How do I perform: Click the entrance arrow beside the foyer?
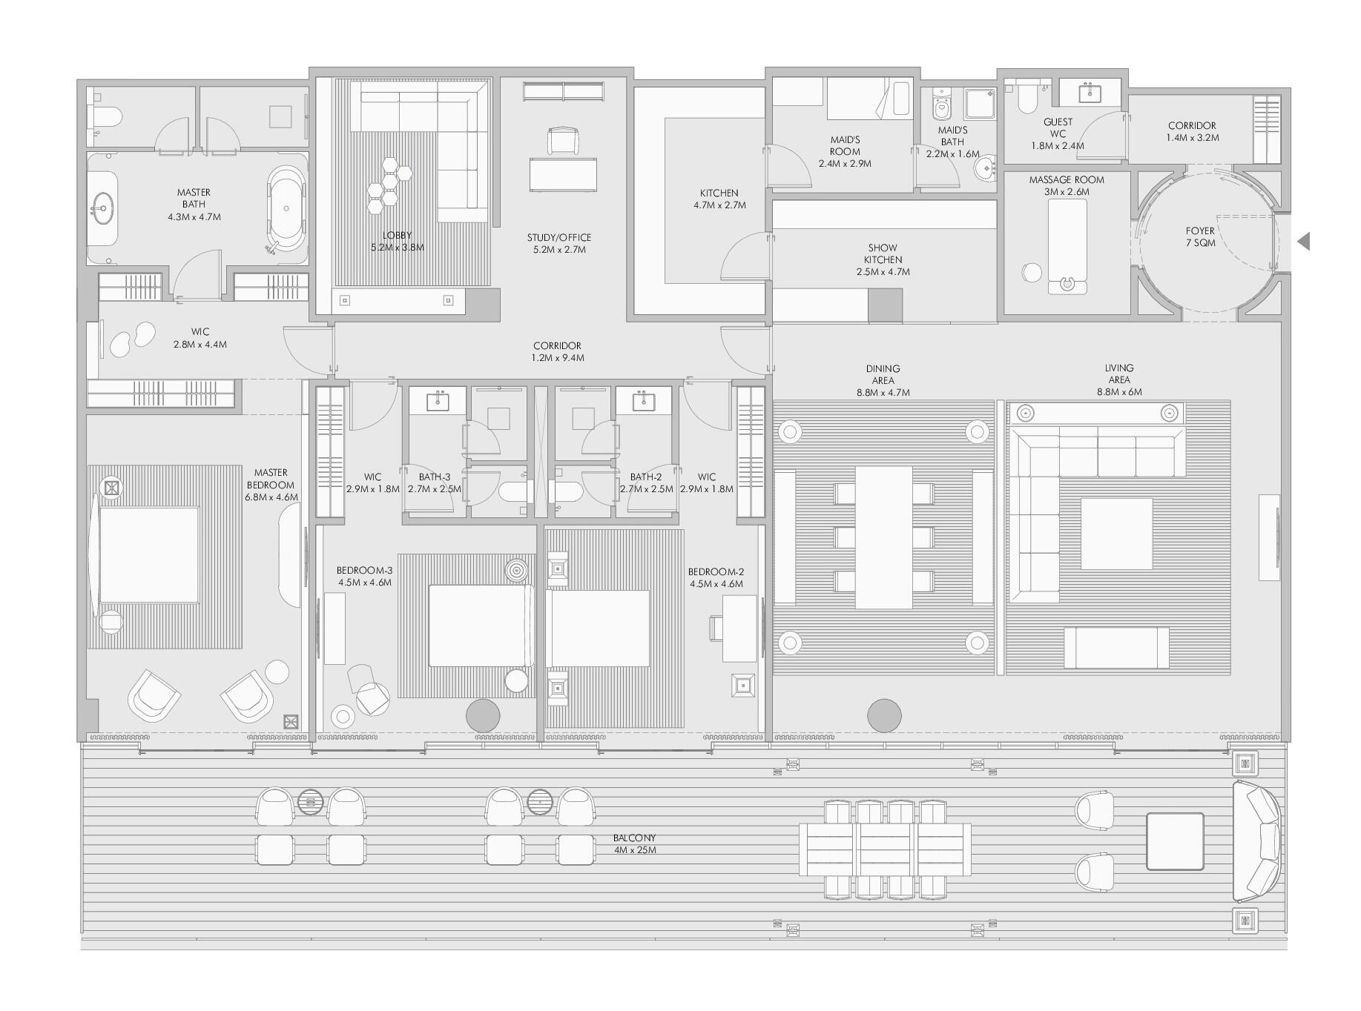click(x=1304, y=241)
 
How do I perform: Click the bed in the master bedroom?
click(x=148, y=554)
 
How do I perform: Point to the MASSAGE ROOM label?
click(x=1066, y=180)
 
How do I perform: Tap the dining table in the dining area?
click(x=883, y=537)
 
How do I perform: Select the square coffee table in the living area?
click(x=1116, y=534)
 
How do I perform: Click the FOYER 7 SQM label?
click(x=1200, y=237)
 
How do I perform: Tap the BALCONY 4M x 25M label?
click(x=635, y=844)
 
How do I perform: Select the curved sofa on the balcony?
click(x=1256, y=840)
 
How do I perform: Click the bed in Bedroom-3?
click(x=481, y=626)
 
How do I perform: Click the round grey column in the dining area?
click(x=884, y=715)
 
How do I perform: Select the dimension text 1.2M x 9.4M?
click(x=558, y=358)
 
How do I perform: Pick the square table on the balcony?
click(x=1175, y=841)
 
